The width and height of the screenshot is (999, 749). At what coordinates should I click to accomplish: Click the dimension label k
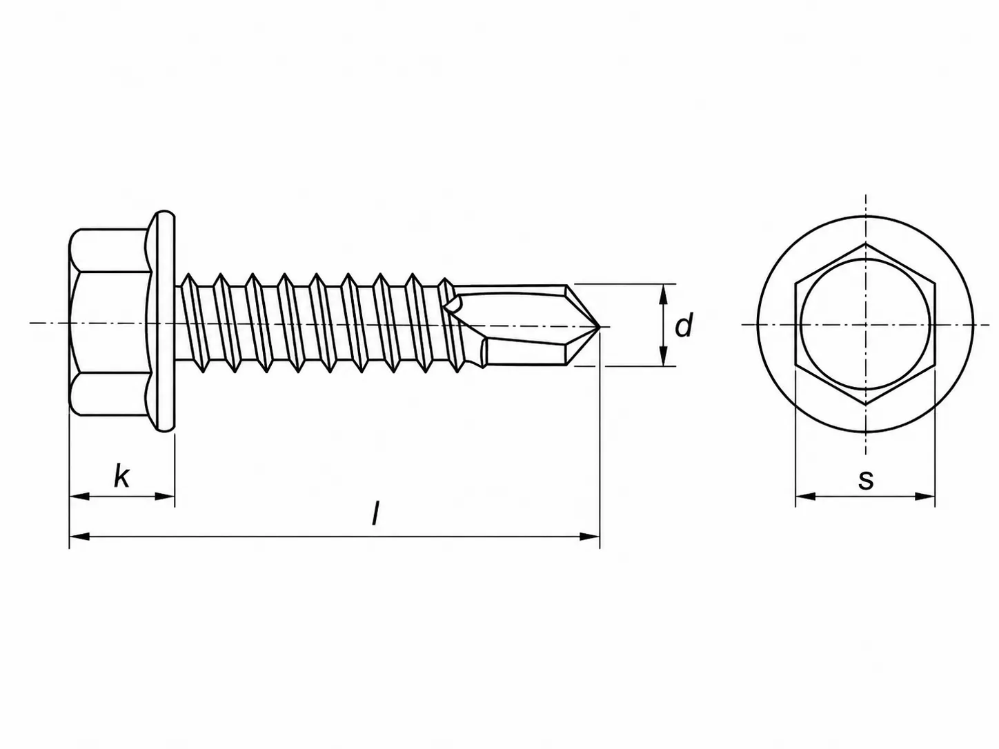[x=121, y=477]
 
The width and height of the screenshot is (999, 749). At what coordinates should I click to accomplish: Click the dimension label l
[x=375, y=513]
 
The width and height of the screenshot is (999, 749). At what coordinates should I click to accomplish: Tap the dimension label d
[x=684, y=325]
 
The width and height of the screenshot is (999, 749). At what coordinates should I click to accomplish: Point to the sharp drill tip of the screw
[x=600, y=326]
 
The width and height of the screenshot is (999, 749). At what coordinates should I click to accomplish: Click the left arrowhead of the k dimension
[x=78, y=496]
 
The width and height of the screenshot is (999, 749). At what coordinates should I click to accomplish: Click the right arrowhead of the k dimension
[x=165, y=496]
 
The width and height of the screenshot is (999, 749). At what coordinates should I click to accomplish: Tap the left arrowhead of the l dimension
[x=78, y=537]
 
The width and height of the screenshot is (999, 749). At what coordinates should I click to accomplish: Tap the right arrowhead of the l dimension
[x=591, y=537]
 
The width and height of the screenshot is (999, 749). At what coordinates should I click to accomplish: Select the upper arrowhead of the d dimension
[x=663, y=294]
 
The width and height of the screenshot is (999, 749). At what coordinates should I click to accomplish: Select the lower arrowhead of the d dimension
[x=663, y=356]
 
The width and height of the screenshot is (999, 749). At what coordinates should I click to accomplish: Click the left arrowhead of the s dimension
[x=805, y=496]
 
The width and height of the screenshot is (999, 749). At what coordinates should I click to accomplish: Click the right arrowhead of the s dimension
[x=925, y=496]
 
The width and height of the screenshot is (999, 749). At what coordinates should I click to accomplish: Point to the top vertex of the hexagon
[x=865, y=244]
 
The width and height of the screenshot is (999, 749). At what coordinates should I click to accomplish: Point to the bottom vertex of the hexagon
[x=865, y=405]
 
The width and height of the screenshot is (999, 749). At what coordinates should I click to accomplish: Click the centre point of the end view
[x=865, y=325]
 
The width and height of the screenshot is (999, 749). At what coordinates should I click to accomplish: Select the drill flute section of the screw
[x=524, y=326]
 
